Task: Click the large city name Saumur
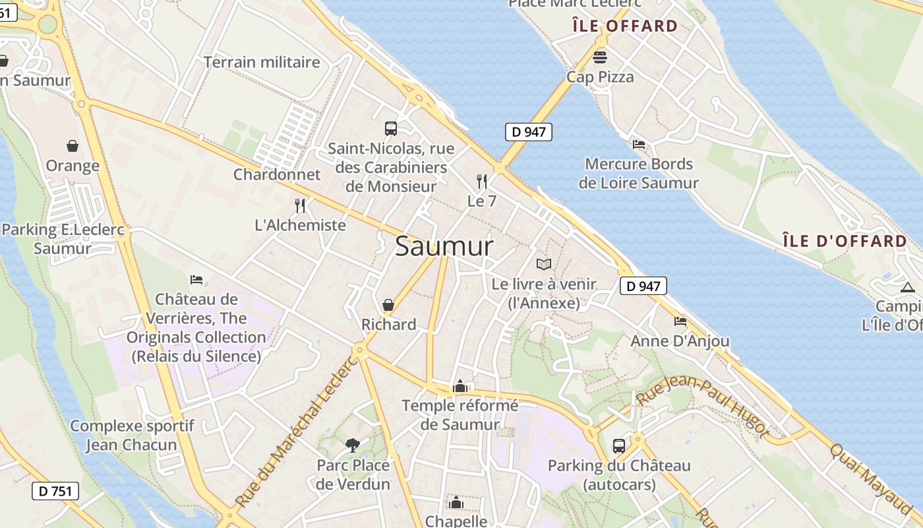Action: click(x=444, y=247)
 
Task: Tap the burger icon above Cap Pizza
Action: click(x=600, y=57)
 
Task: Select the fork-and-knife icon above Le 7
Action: click(x=482, y=181)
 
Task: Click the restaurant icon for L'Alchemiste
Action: click(x=300, y=205)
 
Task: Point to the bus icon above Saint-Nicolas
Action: click(x=391, y=129)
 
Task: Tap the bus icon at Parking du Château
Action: click(x=619, y=446)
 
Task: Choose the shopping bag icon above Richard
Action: click(x=388, y=305)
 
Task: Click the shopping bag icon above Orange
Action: click(x=73, y=146)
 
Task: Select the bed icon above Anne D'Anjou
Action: click(x=680, y=321)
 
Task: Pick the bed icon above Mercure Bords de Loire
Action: click(x=638, y=144)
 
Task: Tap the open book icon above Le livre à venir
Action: click(x=544, y=265)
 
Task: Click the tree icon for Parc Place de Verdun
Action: click(x=353, y=445)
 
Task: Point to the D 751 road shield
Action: click(x=55, y=490)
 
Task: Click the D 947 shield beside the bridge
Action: click(x=528, y=132)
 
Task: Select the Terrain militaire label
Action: click(x=262, y=62)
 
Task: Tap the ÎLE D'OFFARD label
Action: click(x=845, y=241)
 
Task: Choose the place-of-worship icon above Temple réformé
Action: click(x=460, y=386)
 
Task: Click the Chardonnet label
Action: click(x=277, y=175)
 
